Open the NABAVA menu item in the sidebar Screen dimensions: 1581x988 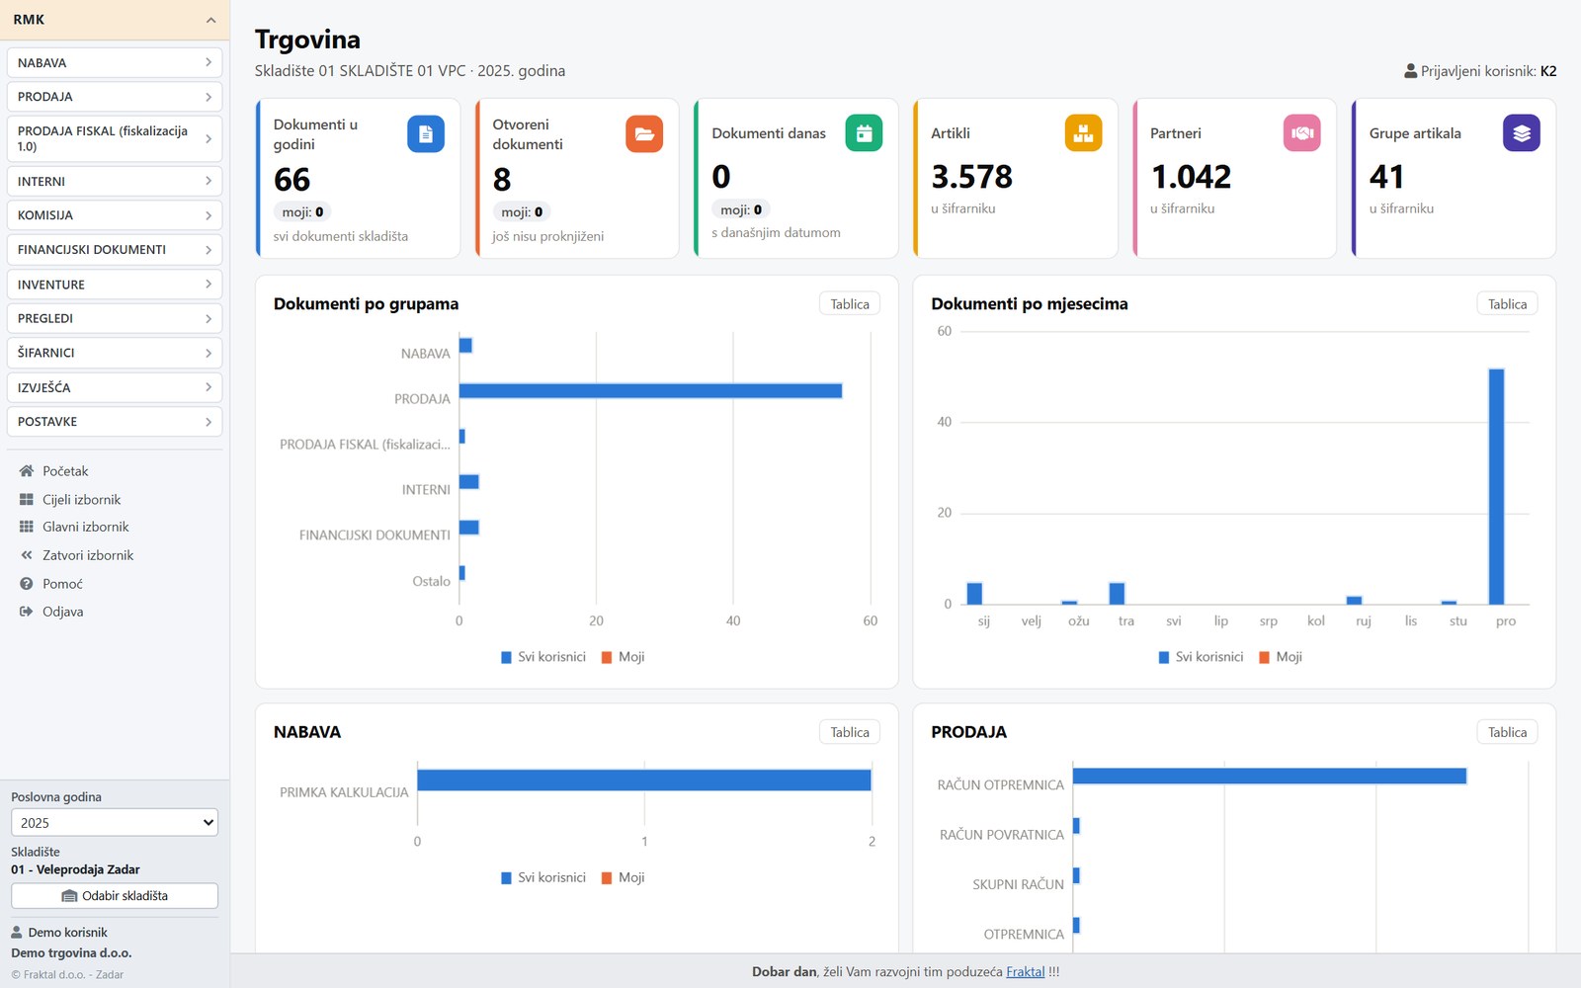(x=115, y=63)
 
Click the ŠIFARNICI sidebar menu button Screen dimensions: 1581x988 (x=115, y=353)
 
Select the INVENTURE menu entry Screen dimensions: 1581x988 (x=115, y=285)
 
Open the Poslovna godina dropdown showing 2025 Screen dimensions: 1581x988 (x=115, y=823)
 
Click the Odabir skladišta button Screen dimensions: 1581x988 (x=115, y=895)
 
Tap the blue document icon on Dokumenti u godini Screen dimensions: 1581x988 (x=426, y=134)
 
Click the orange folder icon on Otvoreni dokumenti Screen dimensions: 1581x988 (x=644, y=134)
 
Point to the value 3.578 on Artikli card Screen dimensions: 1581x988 (x=972, y=177)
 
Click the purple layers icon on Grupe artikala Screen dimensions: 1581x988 (x=1522, y=132)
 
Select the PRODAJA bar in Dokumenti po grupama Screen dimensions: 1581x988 (x=651, y=391)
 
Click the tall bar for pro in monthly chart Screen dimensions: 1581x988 (x=1496, y=487)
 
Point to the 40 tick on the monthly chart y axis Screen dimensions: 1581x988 (x=945, y=422)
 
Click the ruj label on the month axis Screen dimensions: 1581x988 (x=1363, y=621)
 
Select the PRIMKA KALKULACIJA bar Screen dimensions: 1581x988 (x=644, y=781)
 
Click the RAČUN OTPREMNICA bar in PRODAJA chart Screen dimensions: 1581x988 (x=1270, y=777)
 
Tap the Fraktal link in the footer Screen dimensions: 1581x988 (x=1026, y=972)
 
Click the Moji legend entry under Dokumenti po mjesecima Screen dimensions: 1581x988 (x=1281, y=657)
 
